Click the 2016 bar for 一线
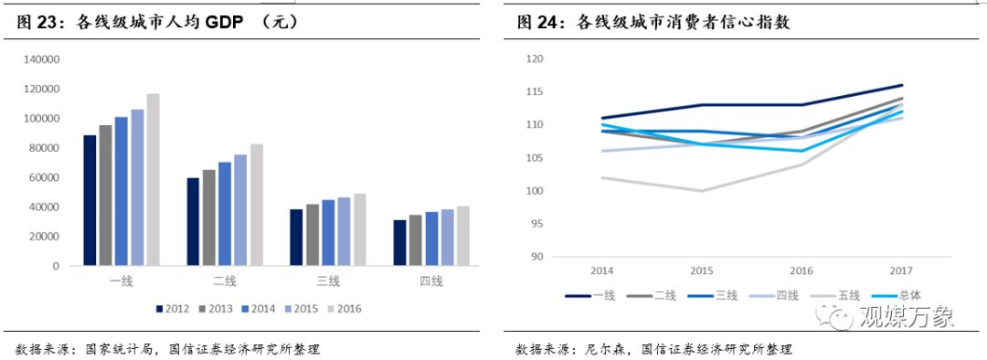(153, 179)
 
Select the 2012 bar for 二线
(193, 221)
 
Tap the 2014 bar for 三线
(328, 232)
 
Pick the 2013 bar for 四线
(416, 240)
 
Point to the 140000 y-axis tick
(41, 59)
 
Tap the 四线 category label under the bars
(431, 281)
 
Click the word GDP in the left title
(223, 23)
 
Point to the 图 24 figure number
(539, 23)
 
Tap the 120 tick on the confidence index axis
(536, 59)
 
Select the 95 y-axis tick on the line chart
(538, 224)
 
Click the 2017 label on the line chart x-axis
(901, 271)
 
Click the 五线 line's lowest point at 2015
(702, 191)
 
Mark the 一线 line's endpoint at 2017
(902, 85)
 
